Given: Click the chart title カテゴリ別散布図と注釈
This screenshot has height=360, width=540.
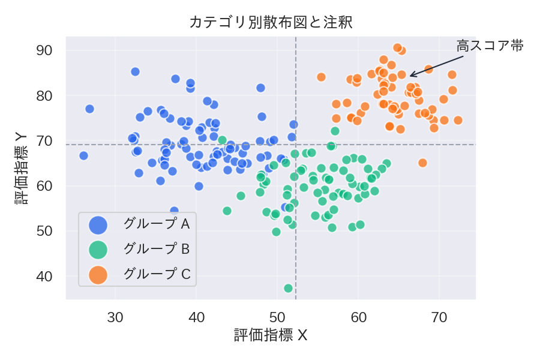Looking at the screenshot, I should pyautogui.click(x=271, y=23).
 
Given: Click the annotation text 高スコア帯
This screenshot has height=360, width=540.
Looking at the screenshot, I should pyautogui.click(x=490, y=46).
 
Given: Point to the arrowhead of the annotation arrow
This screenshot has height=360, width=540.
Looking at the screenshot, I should pyautogui.click(x=410, y=76).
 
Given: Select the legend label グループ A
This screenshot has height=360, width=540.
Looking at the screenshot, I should pyautogui.click(x=157, y=224).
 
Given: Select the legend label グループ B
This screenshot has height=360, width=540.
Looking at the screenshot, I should pyautogui.click(x=157, y=249).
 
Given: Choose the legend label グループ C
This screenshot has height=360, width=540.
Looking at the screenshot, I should pyautogui.click(x=157, y=274).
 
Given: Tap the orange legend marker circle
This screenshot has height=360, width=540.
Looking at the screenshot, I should pyautogui.click(x=98, y=275).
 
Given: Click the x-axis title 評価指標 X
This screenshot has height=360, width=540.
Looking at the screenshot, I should pyautogui.click(x=271, y=335).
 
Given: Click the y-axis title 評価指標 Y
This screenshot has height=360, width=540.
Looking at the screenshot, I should pyautogui.click(x=21, y=169).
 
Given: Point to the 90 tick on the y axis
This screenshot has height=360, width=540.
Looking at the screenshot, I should pyautogui.click(x=46, y=50).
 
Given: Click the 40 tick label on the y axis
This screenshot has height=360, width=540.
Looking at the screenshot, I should pyautogui.click(x=46, y=277).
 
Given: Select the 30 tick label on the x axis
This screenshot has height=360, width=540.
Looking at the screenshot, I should pyautogui.click(x=115, y=316).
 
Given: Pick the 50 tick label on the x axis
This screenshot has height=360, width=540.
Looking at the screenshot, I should pyautogui.click(x=277, y=316).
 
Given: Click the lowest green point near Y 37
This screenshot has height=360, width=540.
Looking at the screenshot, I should pyautogui.click(x=288, y=288).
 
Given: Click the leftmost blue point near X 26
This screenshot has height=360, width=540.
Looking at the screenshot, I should pyautogui.click(x=83, y=156).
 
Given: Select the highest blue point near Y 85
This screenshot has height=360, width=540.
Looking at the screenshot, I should pyautogui.click(x=135, y=72).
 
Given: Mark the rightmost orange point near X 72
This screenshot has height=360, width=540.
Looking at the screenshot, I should pyautogui.click(x=458, y=120).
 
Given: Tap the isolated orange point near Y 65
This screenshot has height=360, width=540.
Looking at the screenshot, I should pyautogui.click(x=422, y=163).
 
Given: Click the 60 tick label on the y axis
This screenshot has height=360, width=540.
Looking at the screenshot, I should pyautogui.click(x=46, y=186).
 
